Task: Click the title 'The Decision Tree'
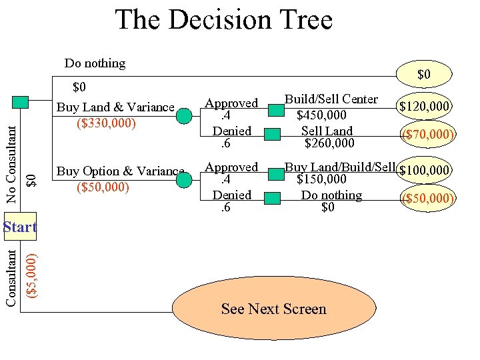pyautogui.click(x=224, y=20)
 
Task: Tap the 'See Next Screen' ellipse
pyautogui.click(x=273, y=309)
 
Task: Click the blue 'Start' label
pyautogui.click(x=19, y=227)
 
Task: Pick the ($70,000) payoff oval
pyautogui.click(x=427, y=135)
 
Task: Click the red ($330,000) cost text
pyautogui.click(x=107, y=123)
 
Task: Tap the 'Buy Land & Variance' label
pyautogui.click(x=115, y=107)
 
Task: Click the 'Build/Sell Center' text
pyautogui.click(x=331, y=99)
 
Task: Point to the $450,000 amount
pyautogui.click(x=321, y=116)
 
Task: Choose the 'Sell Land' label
pyautogui.click(x=327, y=131)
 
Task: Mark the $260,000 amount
pyautogui.click(x=329, y=143)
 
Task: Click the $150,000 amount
pyautogui.click(x=321, y=179)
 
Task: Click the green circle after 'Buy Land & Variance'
pyautogui.click(x=184, y=116)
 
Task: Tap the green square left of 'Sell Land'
pyautogui.click(x=272, y=134)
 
